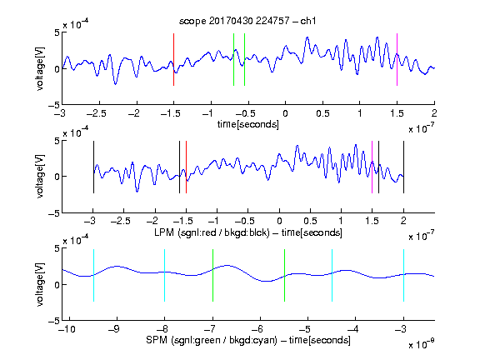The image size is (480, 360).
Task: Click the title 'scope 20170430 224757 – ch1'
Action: click(x=247, y=21)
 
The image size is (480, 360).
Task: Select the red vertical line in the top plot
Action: click(x=173, y=60)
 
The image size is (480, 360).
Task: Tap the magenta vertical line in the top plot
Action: click(x=397, y=60)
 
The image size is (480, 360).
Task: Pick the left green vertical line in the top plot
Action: click(x=233, y=60)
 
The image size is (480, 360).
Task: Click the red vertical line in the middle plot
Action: click(x=186, y=167)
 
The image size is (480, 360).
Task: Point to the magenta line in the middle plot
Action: click(x=372, y=167)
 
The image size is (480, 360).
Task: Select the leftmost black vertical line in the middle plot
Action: click(x=93, y=167)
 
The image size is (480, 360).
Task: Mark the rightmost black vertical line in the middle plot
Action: click(x=403, y=167)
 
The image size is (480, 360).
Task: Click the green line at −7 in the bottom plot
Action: click(x=212, y=276)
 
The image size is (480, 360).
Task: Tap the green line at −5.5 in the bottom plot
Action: click(x=284, y=276)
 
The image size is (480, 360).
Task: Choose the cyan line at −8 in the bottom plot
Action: click(x=165, y=276)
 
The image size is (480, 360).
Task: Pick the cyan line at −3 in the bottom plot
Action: click(x=403, y=276)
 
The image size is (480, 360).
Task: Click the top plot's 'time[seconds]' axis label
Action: click(x=248, y=124)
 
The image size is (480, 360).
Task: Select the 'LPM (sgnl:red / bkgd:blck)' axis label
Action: click(x=212, y=232)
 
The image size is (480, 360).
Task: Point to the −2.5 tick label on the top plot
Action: click(x=97, y=113)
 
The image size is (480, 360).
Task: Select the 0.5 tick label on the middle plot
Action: click(x=310, y=221)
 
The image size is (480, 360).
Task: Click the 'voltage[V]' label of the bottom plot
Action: click(x=40, y=284)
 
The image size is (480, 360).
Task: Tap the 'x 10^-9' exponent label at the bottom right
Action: click(x=421, y=344)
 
